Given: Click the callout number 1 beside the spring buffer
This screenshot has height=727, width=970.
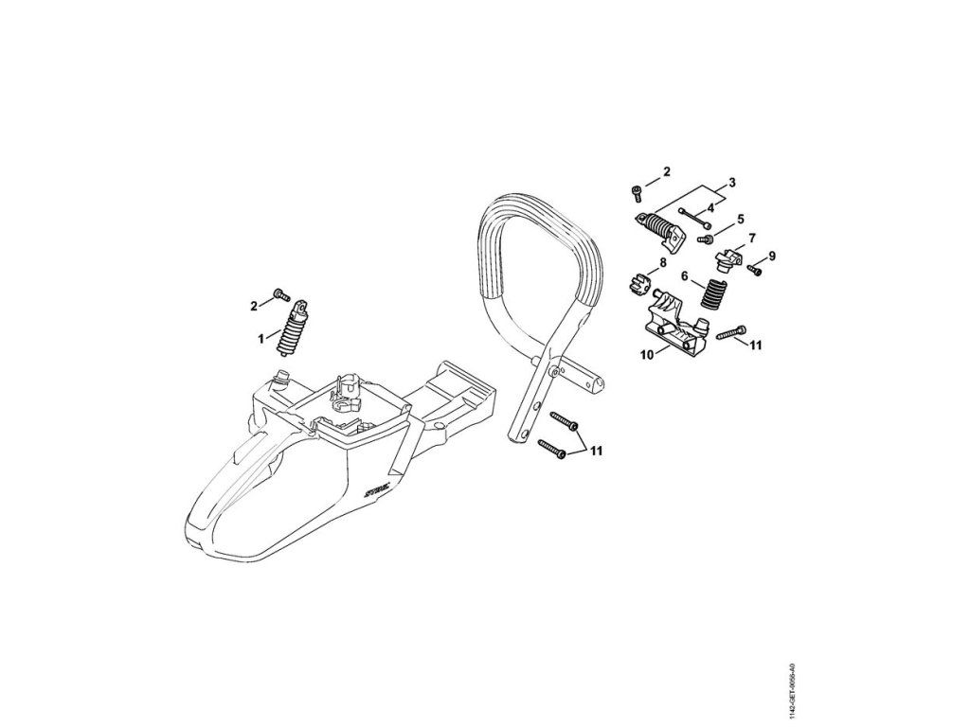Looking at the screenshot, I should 260,336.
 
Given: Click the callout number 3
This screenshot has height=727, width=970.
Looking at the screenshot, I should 732,182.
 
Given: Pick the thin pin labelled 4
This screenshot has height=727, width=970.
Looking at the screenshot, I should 695,217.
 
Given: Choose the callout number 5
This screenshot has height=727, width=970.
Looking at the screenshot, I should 741,220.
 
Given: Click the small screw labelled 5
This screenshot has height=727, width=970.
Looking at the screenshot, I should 706,239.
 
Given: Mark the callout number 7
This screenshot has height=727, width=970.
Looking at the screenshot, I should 752,238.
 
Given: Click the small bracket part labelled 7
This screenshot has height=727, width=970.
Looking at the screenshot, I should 730,257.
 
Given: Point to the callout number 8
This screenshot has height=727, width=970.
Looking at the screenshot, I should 663,262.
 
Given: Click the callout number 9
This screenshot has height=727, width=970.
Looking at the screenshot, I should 772,256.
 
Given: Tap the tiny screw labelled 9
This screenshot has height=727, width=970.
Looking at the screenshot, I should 755,270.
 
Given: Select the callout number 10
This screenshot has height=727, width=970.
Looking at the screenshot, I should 647,355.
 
